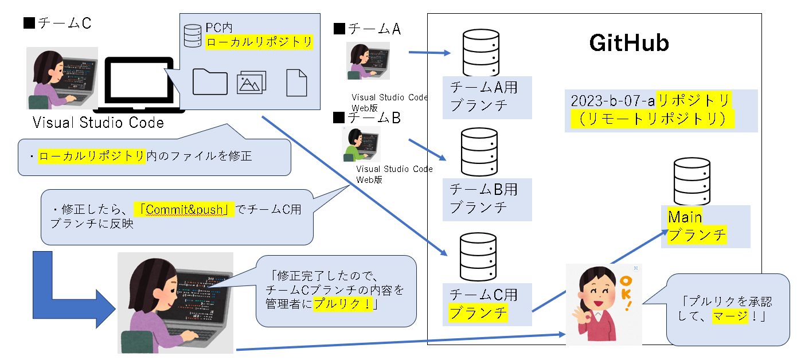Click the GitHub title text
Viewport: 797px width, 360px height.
629,44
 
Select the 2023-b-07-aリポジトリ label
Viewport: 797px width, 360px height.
651,110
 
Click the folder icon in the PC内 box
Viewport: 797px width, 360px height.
210,82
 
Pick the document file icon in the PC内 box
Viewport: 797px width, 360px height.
296,83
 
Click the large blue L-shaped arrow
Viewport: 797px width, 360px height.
63,289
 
